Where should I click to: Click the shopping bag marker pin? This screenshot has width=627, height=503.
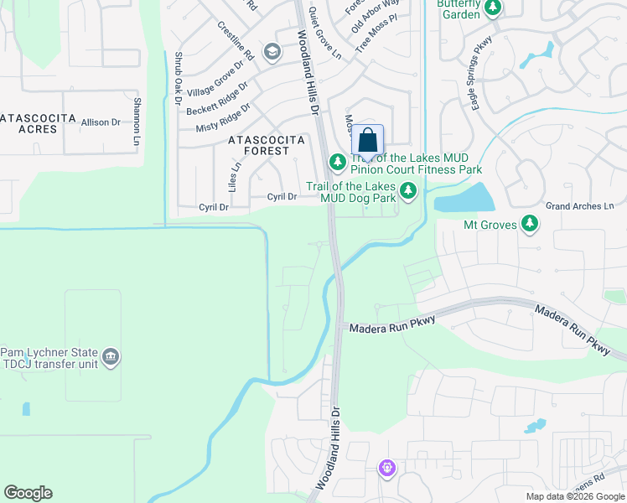(367, 141)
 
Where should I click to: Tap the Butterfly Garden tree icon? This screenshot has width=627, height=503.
(493, 8)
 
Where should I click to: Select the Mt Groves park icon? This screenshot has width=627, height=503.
(529, 224)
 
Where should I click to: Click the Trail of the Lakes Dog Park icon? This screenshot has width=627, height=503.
(408, 191)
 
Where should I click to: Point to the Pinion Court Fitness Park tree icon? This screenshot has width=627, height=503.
(337, 160)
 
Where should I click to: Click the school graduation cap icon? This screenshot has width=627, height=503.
(272, 53)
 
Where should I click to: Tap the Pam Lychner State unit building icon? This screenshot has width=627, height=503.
(111, 359)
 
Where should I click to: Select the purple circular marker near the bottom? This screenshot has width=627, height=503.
(386, 468)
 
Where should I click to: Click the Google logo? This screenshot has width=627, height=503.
(28, 493)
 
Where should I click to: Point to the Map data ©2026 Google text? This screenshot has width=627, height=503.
(574, 496)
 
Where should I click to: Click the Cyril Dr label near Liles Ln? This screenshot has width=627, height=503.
(213, 207)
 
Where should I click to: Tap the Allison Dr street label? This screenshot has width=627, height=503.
(101, 122)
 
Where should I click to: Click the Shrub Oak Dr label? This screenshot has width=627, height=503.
(178, 78)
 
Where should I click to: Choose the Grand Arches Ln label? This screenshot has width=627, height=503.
(580, 206)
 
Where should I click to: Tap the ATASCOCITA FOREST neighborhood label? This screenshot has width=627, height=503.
(258, 146)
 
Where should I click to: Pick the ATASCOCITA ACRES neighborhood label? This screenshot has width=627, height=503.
(38, 123)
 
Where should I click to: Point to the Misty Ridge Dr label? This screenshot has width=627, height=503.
(222, 118)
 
